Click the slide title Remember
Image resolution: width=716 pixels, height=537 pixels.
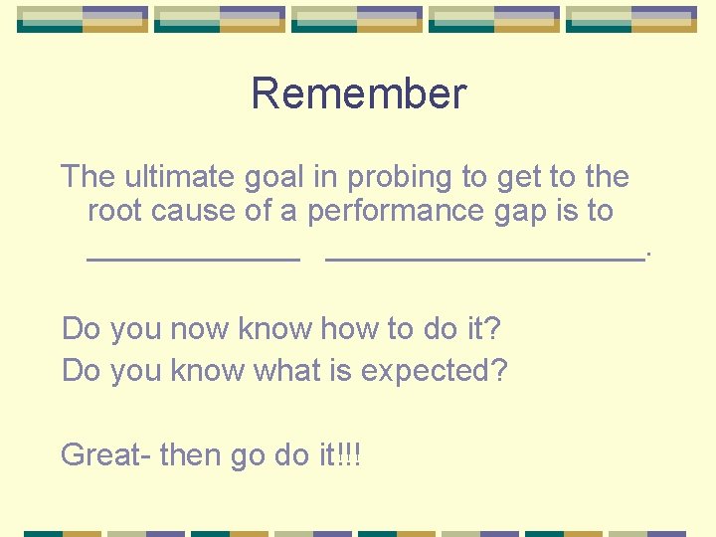[x=358, y=94]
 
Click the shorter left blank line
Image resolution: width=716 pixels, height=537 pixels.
[x=193, y=258]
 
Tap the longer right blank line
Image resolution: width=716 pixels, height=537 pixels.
[x=485, y=258]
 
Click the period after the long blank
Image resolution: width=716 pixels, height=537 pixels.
[x=648, y=255]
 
